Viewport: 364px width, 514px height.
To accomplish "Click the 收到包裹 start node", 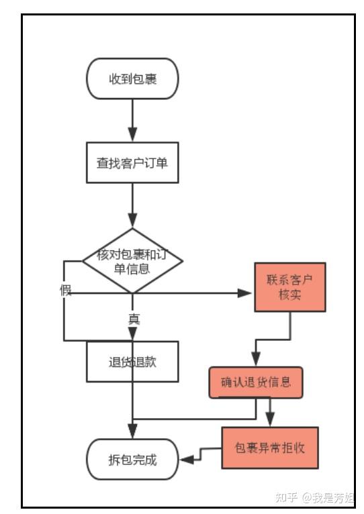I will (132, 79).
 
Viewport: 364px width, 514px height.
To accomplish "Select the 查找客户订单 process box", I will (132, 162).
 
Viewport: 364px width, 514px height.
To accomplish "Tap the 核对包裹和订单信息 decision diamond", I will (132, 261).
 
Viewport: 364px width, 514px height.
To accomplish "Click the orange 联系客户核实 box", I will (289, 287).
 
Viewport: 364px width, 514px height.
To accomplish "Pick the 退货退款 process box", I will (132, 361).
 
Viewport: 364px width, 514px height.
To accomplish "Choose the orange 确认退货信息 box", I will (256, 382).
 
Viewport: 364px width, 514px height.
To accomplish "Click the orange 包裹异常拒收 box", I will (269, 448).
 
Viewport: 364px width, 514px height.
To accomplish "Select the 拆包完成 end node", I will (132, 460).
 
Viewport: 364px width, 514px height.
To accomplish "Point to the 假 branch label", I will (65, 291).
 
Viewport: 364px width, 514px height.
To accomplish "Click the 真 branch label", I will (134, 319).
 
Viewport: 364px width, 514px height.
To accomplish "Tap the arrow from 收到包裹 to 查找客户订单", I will (132, 121).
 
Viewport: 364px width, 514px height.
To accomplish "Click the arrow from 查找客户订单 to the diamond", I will (132, 205).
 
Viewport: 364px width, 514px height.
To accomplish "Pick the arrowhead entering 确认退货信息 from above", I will (256, 360).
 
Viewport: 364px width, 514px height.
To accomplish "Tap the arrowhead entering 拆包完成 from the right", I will (185, 459).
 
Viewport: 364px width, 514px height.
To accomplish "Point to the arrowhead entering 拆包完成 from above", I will (132, 432).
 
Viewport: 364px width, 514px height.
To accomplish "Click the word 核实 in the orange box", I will (289, 295).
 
